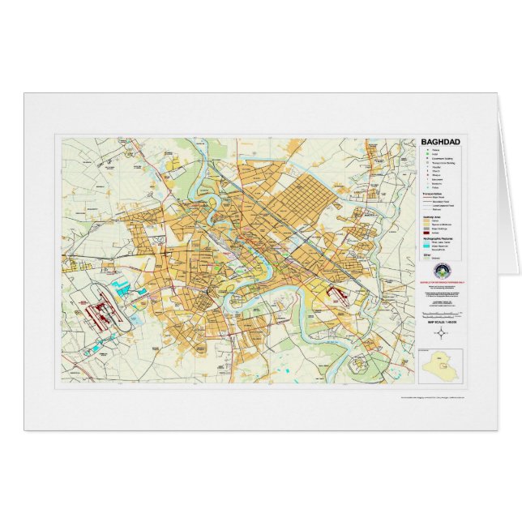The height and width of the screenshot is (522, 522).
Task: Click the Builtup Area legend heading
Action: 434,216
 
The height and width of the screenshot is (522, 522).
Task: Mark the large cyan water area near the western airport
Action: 123,286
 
